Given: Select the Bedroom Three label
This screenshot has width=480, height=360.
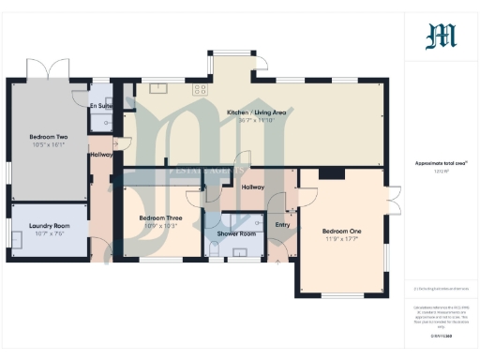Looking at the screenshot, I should pos(158,217).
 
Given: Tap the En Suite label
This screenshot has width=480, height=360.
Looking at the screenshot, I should pos(100,106).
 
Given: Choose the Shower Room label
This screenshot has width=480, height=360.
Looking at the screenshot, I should pos(236,233).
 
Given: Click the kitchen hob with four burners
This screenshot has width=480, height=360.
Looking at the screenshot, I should pos(199,90).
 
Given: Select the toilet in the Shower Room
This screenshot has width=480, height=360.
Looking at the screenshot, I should pos(215,249).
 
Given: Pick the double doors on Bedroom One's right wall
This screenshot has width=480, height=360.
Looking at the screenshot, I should pos(394,200).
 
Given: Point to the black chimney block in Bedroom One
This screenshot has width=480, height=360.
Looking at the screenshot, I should pos(330,172).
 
